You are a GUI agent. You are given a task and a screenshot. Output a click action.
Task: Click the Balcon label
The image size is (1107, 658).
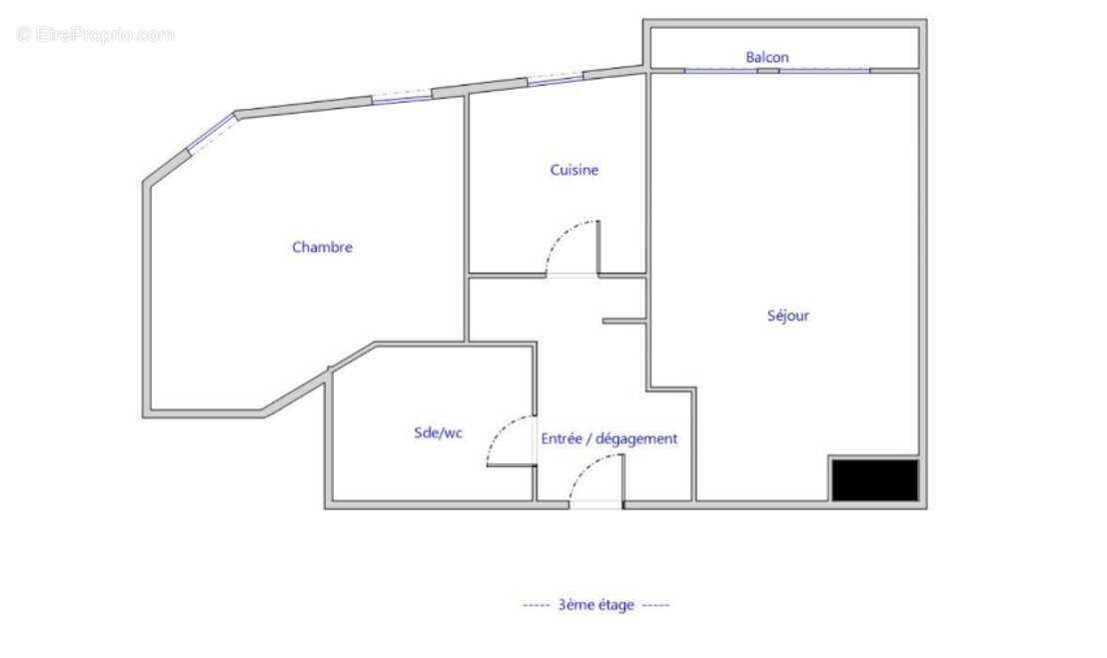pos(766,57)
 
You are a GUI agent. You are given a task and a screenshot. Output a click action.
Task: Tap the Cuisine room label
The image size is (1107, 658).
pos(574,170)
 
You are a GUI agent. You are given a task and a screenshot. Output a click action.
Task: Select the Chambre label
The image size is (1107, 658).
pos(322,247)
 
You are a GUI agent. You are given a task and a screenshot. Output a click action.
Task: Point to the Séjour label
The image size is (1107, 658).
pos(787,316)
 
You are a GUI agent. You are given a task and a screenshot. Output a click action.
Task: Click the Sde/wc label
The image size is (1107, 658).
pos(438,432)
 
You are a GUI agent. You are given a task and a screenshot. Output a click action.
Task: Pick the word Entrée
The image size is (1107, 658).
pos(562,438)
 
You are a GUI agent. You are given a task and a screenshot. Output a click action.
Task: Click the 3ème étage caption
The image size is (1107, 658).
pos(595,604)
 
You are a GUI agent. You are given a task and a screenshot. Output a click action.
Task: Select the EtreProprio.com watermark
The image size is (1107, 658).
pos(96,35)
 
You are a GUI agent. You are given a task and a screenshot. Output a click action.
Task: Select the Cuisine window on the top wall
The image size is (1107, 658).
pos(554,78)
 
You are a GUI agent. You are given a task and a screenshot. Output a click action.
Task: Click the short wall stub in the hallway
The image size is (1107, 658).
pos(625,322)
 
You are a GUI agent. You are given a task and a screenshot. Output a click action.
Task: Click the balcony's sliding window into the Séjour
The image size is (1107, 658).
pos(776,70)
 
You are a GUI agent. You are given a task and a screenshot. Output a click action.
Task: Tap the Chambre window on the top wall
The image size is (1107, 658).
pos(402,99)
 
